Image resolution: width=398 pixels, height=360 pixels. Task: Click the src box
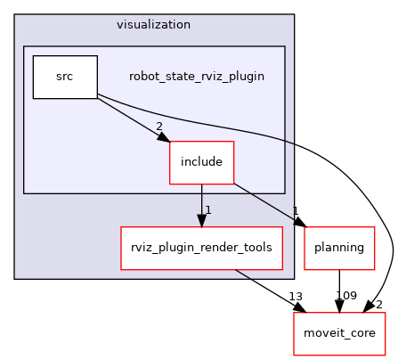[65, 77]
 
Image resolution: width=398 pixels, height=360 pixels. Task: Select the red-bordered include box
[201, 163]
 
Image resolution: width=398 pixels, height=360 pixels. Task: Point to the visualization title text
[153, 23]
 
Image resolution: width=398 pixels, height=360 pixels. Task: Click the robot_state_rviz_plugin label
[196, 76]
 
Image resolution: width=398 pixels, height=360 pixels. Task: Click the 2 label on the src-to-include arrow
[160, 127]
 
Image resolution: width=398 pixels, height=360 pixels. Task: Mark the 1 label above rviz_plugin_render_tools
[207, 210]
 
